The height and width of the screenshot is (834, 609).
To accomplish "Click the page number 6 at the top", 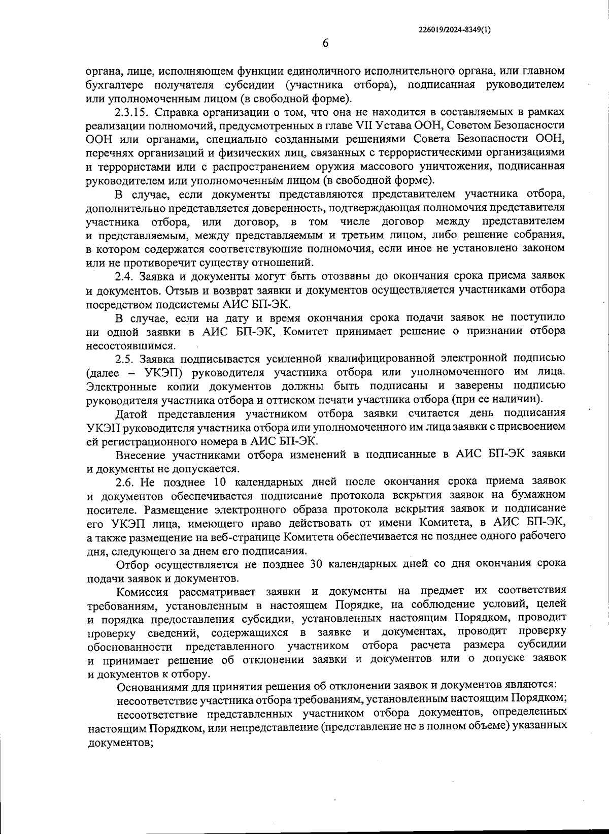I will [325, 43].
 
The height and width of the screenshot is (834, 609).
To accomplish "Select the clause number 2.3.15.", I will [133, 112].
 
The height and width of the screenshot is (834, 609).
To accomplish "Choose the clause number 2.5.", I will [125, 359].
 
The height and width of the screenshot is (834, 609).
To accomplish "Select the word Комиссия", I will [142, 592].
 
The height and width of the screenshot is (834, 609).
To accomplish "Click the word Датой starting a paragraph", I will [133, 413].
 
